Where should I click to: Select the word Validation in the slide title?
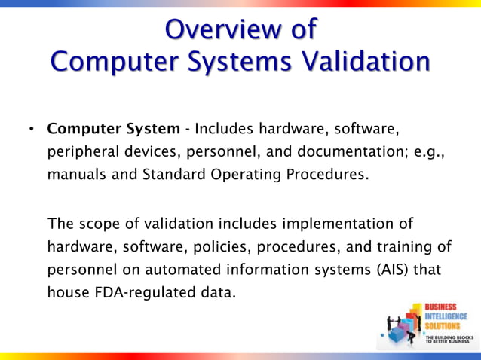[375, 61]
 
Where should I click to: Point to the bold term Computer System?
[114, 129]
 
